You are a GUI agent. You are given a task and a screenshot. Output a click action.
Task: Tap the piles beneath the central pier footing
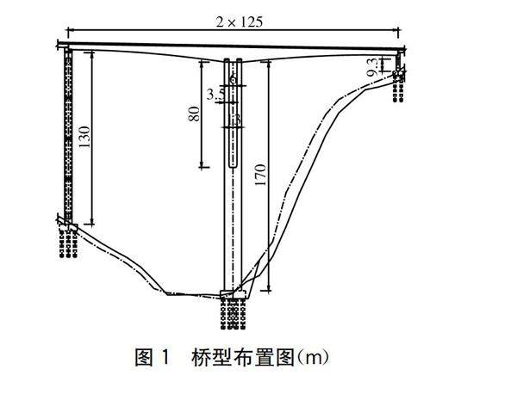click(233, 317)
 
